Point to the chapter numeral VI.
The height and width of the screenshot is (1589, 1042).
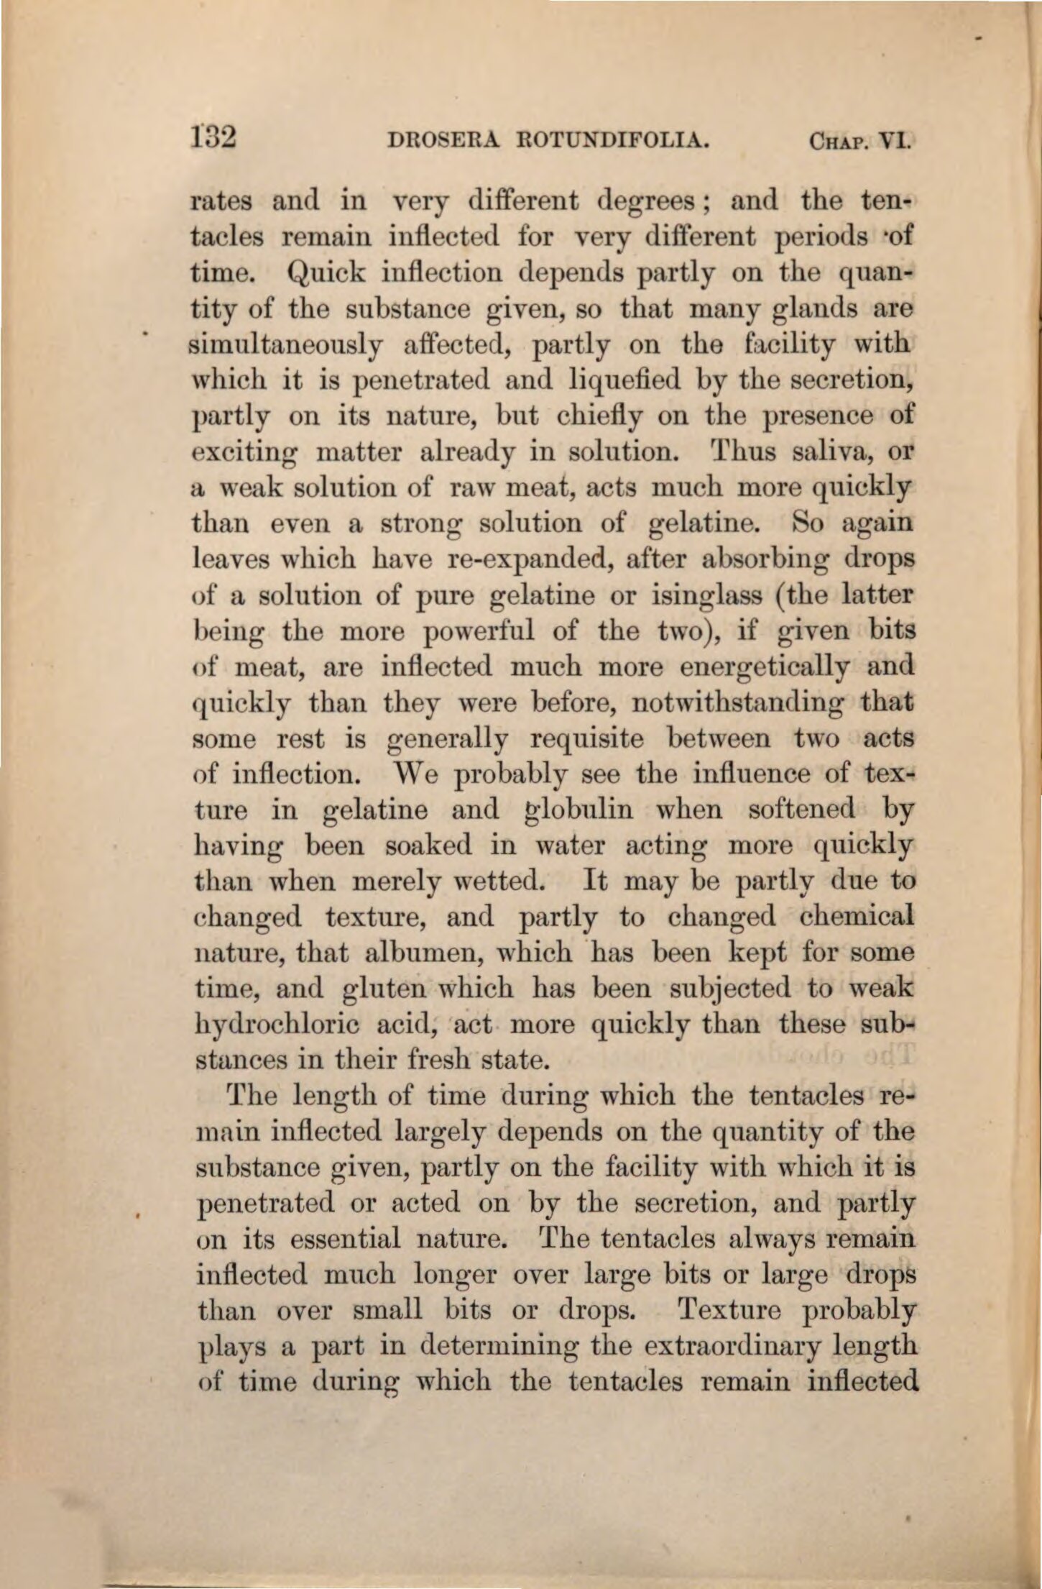(895, 139)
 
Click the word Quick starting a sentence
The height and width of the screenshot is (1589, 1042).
(326, 273)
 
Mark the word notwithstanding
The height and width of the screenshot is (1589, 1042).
(738, 702)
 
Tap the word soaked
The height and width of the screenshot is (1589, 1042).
(428, 846)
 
